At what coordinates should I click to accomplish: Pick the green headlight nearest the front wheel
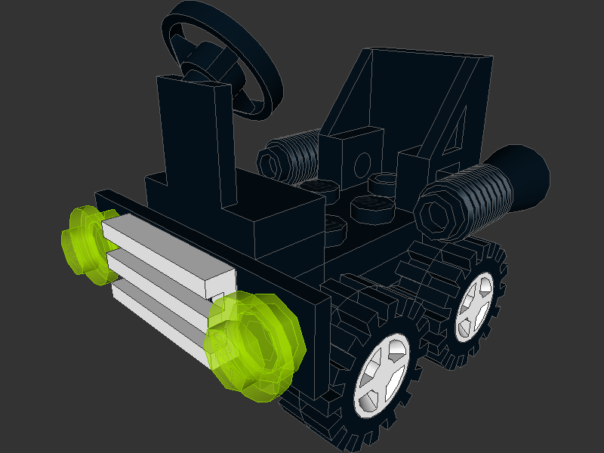coord(253,344)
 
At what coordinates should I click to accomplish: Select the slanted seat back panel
coord(411,91)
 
